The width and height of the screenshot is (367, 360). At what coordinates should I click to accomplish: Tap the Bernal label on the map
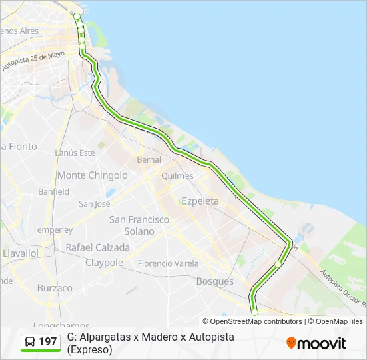pos(149,160)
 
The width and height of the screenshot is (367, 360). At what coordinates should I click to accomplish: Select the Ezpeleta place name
pos(200,201)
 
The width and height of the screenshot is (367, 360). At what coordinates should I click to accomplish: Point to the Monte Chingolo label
pos(93,175)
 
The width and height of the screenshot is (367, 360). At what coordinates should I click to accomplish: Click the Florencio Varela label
pos(168,263)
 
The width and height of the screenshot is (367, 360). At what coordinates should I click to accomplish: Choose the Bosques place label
pos(214,281)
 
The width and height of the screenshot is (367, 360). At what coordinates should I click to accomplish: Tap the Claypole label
pos(104,263)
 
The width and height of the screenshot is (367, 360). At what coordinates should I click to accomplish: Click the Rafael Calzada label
pos(97,247)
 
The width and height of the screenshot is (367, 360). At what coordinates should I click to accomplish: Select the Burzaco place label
pos(55,288)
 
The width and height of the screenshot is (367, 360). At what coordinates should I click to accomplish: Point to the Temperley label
pos(53,230)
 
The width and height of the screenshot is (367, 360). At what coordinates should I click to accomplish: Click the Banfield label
pos(53,191)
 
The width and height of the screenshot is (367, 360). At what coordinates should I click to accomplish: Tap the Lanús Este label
pos(75,153)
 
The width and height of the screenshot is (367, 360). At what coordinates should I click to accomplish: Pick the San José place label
pos(94,204)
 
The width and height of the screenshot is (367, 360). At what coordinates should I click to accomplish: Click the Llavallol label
pos(20,254)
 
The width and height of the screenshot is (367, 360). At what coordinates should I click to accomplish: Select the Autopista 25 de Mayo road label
pos(33,61)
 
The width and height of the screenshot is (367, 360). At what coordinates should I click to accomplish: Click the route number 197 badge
pos(47,342)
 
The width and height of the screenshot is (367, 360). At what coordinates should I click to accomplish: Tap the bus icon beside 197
pos(30,342)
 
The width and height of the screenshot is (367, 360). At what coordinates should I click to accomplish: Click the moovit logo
pos(316,343)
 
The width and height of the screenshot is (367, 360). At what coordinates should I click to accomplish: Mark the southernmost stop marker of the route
pos(254,312)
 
